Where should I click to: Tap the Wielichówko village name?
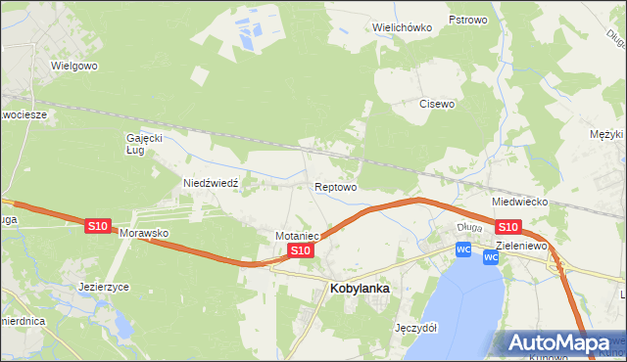403,27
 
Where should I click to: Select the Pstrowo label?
467,20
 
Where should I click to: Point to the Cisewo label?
437,104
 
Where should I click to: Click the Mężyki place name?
607,134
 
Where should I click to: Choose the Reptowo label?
335,186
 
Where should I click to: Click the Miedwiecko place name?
519,202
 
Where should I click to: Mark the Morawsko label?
145,235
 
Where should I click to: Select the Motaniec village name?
299,236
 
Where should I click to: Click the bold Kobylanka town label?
361,289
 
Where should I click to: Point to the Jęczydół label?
413,328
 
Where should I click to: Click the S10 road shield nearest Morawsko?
97,226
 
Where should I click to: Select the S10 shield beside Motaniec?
301,251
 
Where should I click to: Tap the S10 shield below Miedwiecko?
507,227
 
